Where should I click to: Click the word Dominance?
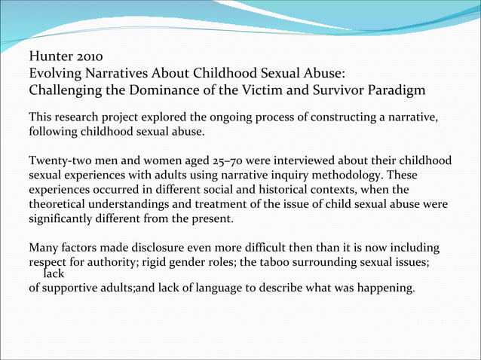(x=170, y=91)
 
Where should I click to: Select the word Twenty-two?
(x=59, y=161)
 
